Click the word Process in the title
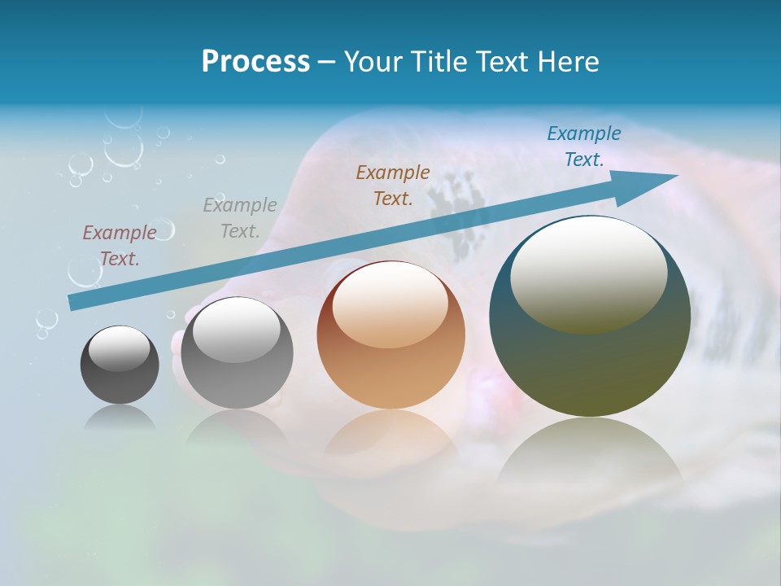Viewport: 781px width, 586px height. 255,62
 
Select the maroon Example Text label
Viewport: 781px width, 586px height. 120,245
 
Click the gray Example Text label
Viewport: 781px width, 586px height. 240,217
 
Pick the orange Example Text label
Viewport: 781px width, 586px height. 393,185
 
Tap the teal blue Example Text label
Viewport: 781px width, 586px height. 584,146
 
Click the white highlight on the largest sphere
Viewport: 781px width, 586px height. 588,273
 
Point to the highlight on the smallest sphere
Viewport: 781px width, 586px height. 119,348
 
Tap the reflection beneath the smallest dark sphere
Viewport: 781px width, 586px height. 120,417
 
